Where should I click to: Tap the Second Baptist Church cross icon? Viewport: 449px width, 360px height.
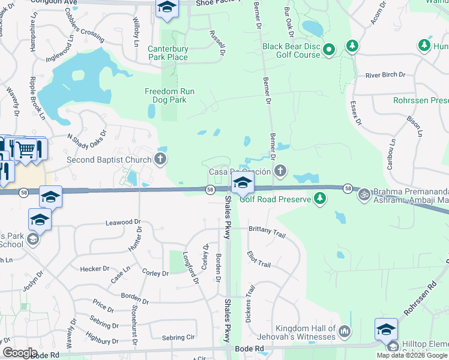click(160, 159)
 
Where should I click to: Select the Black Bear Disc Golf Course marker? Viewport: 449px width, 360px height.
click(329, 50)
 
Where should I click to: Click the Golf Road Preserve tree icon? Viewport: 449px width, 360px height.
click(321, 199)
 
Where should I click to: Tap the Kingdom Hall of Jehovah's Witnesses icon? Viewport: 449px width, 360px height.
click(345, 331)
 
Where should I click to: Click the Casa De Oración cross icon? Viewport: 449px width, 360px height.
click(279, 172)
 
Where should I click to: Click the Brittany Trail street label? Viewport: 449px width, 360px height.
click(267, 231)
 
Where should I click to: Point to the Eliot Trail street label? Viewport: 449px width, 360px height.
click(259, 260)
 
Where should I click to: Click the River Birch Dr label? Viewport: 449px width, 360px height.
click(385, 76)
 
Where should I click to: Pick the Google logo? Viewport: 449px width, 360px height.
click(20, 353)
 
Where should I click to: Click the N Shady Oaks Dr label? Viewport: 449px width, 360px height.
click(87, 140)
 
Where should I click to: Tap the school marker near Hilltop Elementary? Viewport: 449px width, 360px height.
click(386, 329)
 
